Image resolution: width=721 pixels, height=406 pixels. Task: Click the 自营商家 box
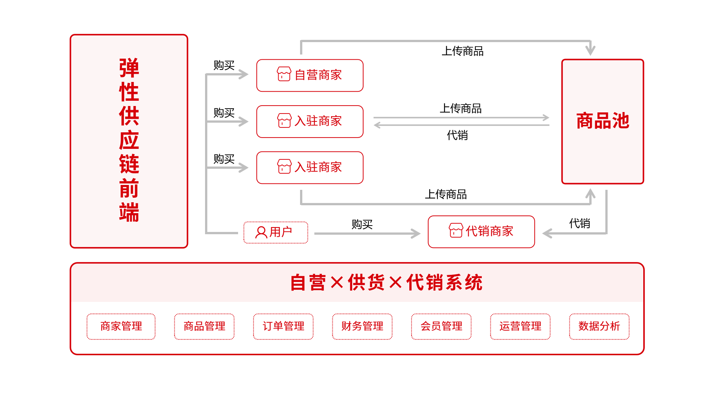310,75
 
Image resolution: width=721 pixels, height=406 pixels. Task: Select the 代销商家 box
481,232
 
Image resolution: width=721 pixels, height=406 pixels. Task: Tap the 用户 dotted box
276,232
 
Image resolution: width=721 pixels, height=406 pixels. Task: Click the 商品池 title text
602,121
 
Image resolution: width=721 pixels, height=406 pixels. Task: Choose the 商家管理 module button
121,326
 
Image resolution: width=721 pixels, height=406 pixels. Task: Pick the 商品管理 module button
204,326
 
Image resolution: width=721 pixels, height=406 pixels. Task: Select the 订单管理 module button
283,326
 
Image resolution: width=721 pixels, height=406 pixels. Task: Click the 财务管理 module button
362,326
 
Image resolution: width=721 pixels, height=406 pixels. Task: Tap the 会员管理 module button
441,326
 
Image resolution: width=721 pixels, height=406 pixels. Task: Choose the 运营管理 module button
520,326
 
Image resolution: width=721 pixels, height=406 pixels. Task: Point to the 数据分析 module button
599,326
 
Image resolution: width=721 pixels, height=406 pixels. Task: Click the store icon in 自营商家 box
284,74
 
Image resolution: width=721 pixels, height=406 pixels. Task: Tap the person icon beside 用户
261,232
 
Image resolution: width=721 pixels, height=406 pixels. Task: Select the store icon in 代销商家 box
456,230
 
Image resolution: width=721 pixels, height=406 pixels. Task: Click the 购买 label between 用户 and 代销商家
362,224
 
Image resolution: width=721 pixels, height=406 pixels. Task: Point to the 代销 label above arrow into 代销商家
579,223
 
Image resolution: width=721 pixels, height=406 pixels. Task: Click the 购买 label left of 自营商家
224,65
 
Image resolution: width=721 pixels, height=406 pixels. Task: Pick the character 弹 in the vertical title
129,68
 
